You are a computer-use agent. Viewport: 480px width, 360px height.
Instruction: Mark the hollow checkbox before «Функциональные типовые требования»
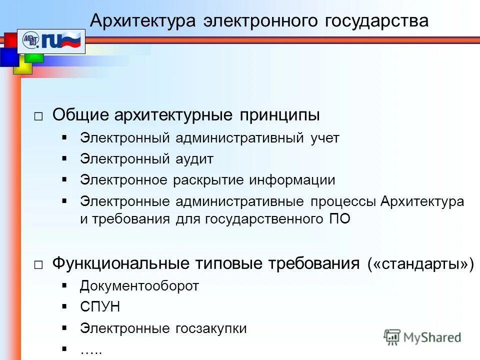pyautogui.click(x=38, y=265)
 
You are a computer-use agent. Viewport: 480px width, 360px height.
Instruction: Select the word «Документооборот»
pyautogui.click(x=139, y=286)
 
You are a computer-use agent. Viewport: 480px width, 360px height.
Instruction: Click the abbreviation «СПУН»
pyautogui.click(x=100, y=307)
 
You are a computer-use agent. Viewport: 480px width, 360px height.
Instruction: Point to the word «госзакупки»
pyautogui.click(x=211, y=328)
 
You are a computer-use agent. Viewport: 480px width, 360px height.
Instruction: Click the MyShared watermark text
pyautogui.click(x=432, y=337)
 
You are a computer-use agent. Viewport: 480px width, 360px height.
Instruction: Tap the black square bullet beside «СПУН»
pyautogui.click(x=64, y=306)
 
